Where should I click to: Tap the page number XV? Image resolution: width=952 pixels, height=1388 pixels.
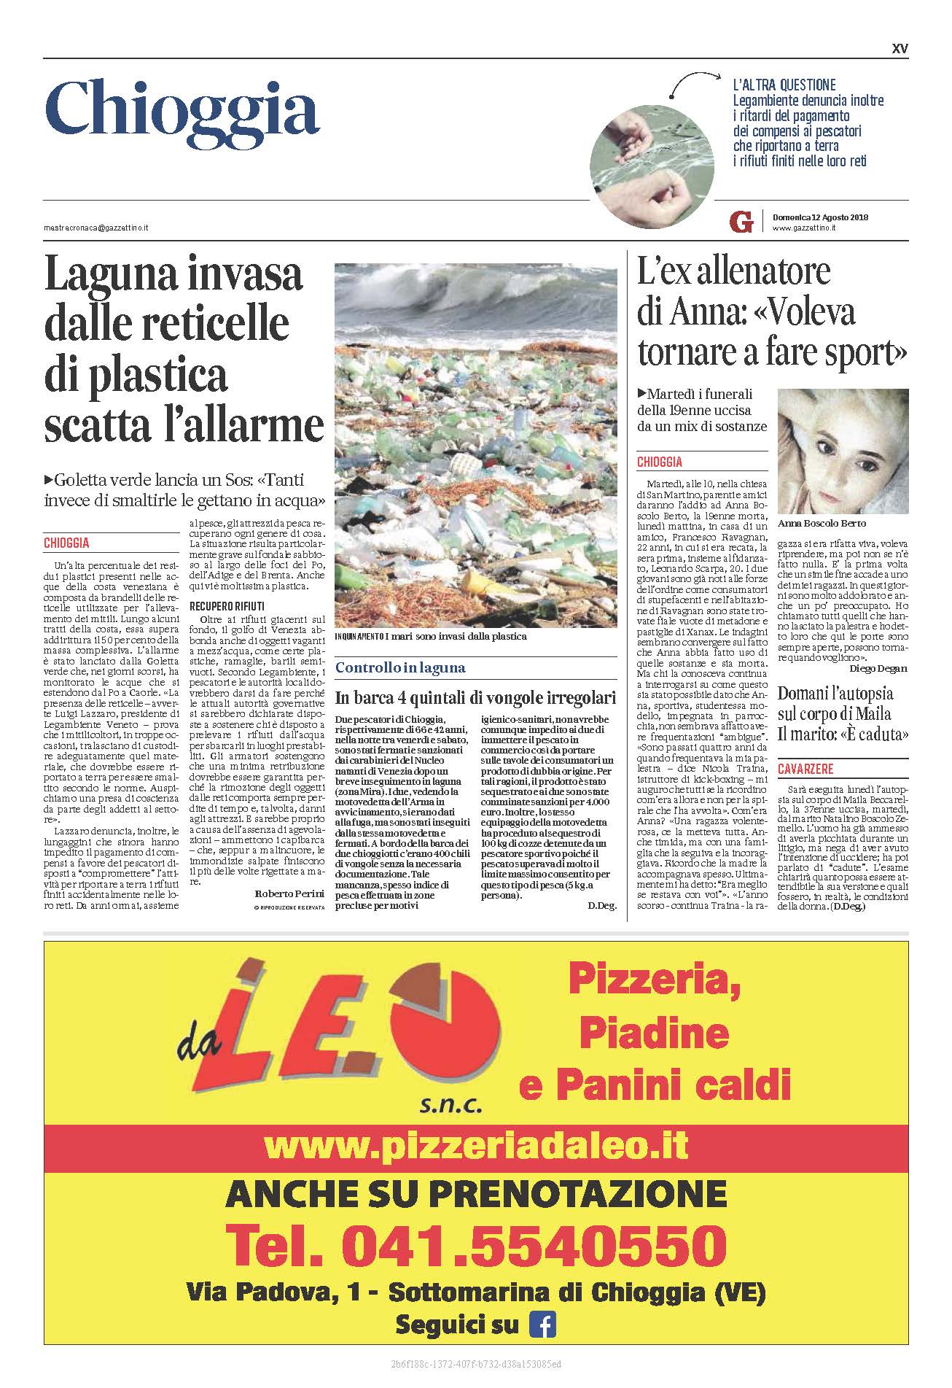click(900, 49)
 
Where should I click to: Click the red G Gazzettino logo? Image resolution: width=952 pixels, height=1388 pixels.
click(741, 222)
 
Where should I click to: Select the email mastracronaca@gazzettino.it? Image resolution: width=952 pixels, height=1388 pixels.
click(95, 228)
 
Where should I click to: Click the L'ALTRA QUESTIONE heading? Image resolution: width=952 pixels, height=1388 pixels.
click(784, 85)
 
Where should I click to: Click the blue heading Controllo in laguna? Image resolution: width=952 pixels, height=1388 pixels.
click(400, 667)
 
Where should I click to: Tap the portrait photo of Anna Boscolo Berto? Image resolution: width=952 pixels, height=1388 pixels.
click(843, 451)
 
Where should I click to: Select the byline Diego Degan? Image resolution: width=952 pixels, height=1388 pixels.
click(878, 668)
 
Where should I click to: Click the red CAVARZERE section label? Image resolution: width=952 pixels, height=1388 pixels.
click(805, 769)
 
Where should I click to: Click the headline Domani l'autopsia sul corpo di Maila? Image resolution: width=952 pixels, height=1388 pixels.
click(843, 704)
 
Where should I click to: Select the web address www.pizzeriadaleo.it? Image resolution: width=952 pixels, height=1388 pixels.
click(476, 1145)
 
